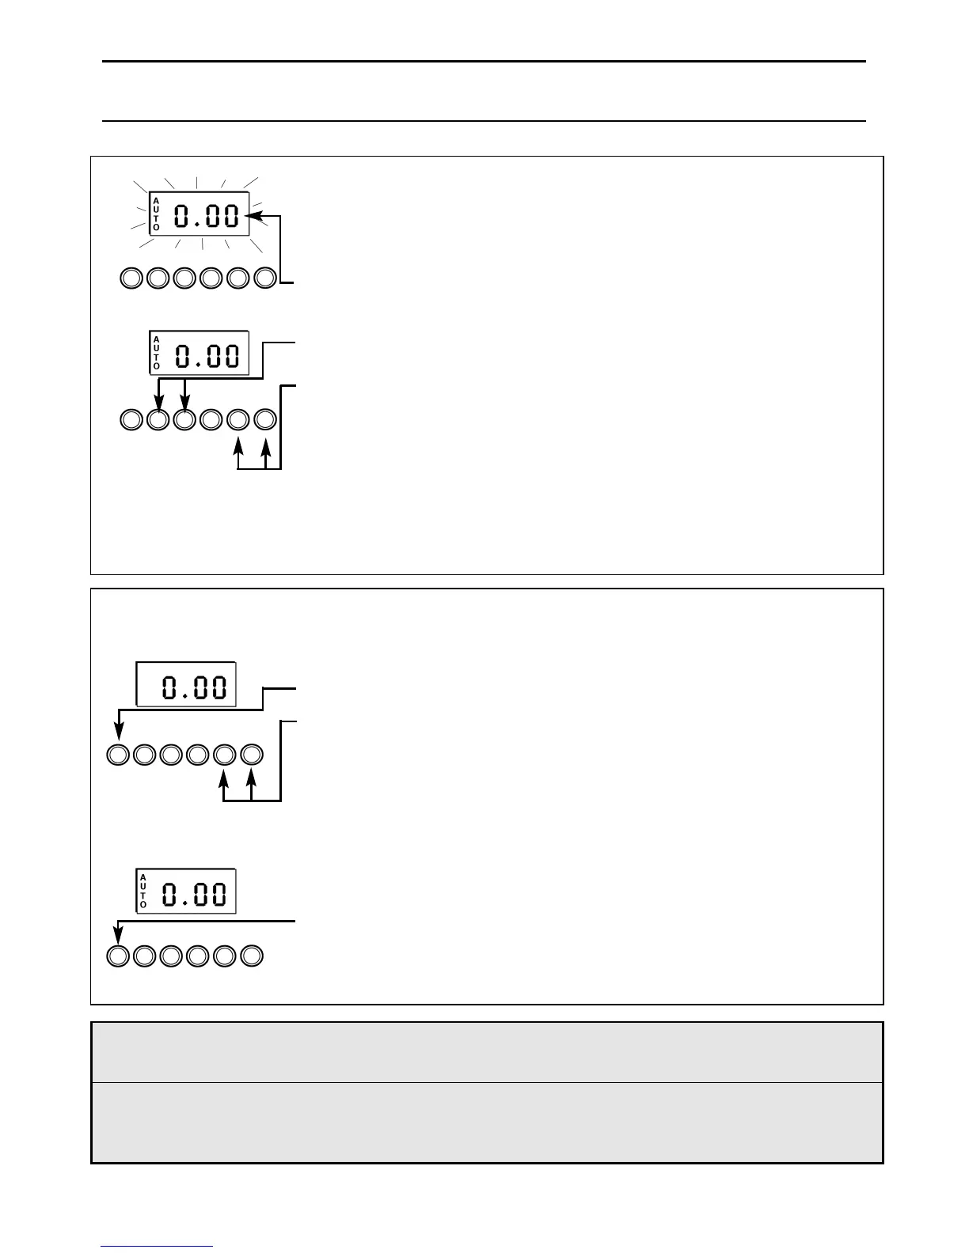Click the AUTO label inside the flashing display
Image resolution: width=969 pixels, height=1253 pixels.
[156, 214]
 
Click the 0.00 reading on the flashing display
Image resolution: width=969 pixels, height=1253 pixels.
[207, 216]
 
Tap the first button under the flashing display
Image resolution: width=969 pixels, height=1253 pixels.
[131, 278]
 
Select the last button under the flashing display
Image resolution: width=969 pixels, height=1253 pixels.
[266, 278]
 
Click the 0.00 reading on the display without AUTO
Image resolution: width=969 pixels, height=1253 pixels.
[195, 686]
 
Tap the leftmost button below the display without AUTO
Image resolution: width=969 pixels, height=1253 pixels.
[117, 755]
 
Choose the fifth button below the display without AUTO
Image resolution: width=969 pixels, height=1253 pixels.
[225, 755]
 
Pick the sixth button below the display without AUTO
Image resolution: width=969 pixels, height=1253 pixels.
[252, 755]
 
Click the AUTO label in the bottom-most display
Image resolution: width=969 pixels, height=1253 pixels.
[143, 891]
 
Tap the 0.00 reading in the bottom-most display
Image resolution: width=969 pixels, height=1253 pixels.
[195, 895]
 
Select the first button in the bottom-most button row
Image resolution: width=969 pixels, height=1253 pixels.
[117, 956]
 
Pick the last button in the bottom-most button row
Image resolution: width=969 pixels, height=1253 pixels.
[252, 956]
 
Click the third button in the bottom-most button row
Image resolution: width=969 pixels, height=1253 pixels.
[171, 956]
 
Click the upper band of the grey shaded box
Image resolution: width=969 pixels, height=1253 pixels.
[487, 1052]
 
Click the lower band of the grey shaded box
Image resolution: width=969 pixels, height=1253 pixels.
[487, 1122]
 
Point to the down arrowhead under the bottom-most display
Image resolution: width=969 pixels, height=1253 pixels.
[117, 937]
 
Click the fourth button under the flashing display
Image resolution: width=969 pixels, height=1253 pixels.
[211, 278]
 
